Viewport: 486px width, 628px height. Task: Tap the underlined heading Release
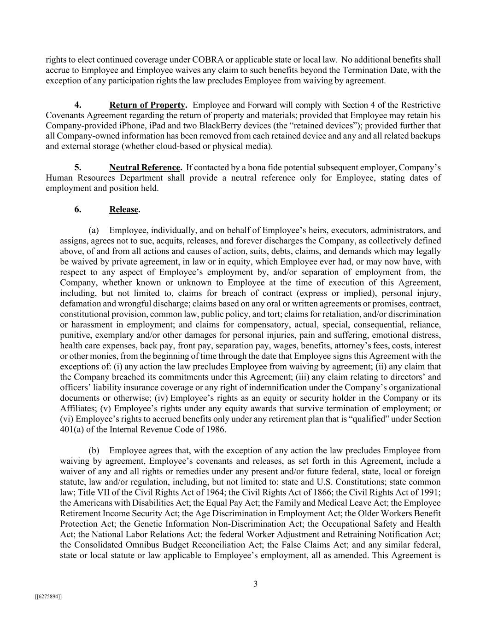pyautogui.click(x=124, y=209)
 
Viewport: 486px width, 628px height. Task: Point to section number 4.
pyautogui.click(x=78, y=105)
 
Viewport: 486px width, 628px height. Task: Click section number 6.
pyautogui.click(x=78, y=209)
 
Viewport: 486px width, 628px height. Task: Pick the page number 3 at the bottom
pyautogui.click(x=255, y=584)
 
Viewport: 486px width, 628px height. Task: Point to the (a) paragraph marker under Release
pyautogui.click(x=94, y=230)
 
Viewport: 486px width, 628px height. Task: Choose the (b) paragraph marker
pyautogui.click(x=94, y=450)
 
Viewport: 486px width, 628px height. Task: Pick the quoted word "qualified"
pyautogui.click(x=367, y=419)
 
